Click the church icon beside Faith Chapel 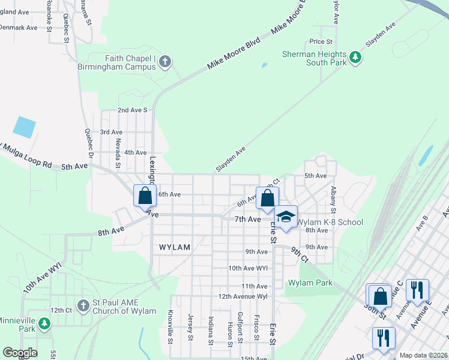tap(164, 62)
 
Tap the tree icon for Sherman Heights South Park tap(356, 58)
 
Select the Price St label tap(321, 41)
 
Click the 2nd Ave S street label tap(132, 110)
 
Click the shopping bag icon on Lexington tap(145, 196)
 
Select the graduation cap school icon tap(286, 217)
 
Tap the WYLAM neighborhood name tap(175, 247)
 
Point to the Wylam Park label tap(310, 283)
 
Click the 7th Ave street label tap(247, 220)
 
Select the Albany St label tap(333, 199)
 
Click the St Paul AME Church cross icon tap(83, 306)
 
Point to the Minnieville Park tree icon tap(44, 324)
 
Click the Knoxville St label tap(170, 327)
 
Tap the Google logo tap(20, 353)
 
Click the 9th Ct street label tap(300, 254)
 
